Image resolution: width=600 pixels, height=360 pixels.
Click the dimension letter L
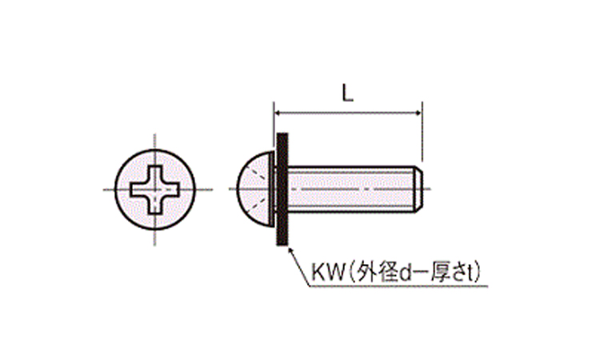347,93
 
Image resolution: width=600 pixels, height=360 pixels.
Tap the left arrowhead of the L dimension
278,114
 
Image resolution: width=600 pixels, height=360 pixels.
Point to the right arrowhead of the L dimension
418,114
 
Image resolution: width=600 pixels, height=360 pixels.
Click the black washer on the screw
282,189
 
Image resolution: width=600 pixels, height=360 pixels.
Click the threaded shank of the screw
351,189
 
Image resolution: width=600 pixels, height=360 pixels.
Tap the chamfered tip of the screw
418,189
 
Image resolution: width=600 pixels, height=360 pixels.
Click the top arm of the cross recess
155,176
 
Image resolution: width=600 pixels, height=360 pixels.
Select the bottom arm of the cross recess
155,204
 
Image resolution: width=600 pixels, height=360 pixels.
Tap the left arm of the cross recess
140,190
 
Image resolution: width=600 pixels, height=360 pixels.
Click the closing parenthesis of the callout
478,273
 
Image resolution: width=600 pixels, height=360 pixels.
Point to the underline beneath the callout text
398,286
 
